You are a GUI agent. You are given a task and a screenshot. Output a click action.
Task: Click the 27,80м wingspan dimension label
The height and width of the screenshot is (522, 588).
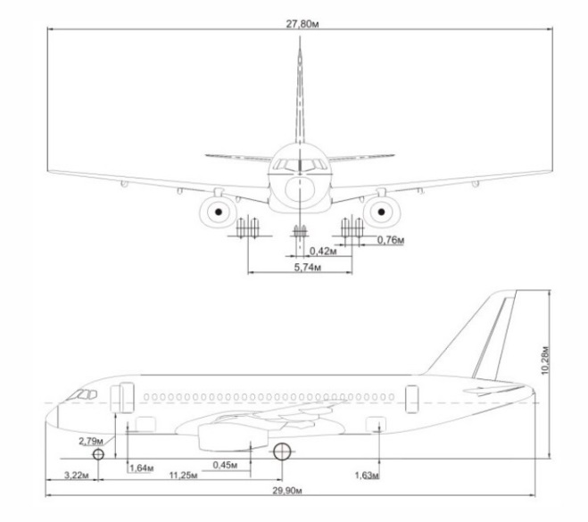click(x=302, y=24)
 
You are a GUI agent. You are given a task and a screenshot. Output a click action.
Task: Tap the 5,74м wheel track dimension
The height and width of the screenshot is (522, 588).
click(x=308, y=268)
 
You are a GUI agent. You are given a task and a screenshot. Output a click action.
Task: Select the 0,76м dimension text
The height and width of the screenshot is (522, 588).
click(x=391, y=240)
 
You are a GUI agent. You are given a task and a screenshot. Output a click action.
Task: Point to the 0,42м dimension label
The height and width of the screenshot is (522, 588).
click(x=323, y=251)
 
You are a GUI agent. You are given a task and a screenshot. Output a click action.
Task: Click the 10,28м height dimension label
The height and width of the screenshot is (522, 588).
click(x=545, y=360)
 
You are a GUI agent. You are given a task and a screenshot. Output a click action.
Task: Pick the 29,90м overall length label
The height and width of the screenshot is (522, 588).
click(x=287, y=491)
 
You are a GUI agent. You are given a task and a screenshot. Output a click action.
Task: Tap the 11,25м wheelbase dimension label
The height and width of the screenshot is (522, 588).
click(x=183, y=476)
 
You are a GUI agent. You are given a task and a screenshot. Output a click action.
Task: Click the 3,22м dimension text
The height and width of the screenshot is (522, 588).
click(x=77, y=476)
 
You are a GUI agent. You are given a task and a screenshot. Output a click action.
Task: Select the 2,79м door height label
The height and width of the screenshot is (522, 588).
click(x=91, y=441)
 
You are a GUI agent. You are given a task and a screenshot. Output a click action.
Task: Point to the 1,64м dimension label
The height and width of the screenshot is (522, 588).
click(x=142, y=468)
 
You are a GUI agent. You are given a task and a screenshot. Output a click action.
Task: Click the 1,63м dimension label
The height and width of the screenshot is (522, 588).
click(x=367, y=476)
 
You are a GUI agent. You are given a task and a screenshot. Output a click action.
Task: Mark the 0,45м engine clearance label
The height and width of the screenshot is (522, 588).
click(x=225, y=465)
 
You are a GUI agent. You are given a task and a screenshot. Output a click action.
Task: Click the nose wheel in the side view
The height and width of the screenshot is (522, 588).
click(x=98, y=454)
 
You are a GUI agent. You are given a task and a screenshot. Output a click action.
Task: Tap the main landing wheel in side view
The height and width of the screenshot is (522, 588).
click(x=282, y=452)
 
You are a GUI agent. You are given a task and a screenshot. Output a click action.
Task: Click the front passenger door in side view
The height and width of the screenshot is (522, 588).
click(x=122, y=397)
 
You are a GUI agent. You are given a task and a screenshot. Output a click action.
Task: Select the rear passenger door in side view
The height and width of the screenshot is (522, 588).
click(x=411, y=399)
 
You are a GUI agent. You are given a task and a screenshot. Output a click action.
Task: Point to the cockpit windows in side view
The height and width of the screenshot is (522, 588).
click(x=82, y=394)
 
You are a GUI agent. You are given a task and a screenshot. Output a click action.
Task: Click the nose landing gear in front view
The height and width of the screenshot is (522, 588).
click(x=300, y=231)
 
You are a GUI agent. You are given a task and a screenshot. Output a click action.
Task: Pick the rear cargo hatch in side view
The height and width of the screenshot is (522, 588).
click(x=376, y=424)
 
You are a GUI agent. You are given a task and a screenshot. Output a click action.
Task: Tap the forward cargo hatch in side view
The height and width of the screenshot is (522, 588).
click(x=145, y=424)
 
